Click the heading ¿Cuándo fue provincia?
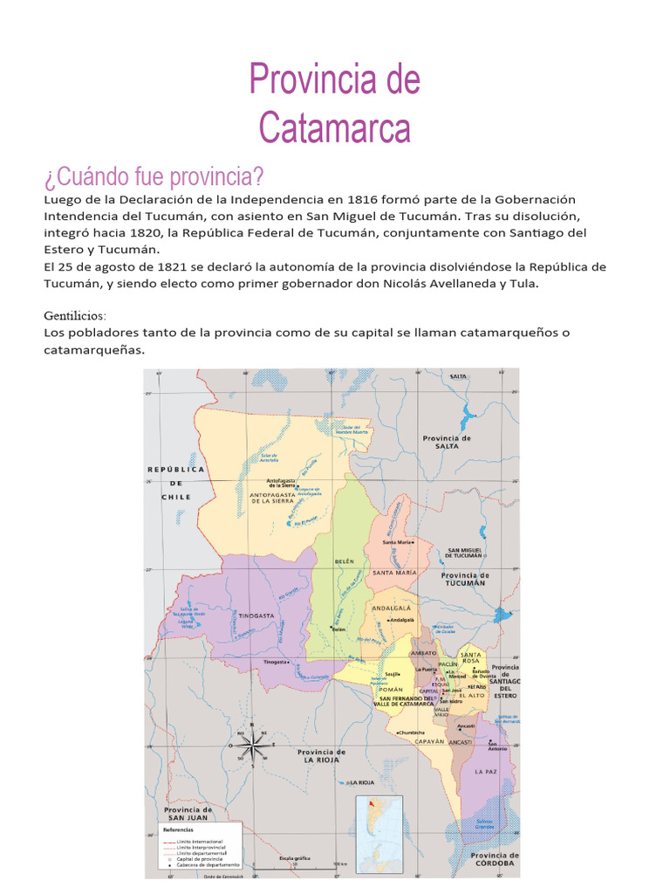coord(154,177)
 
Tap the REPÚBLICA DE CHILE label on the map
coord(175,483)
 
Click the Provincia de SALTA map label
coord(447,442)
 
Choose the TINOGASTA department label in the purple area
coord(254,615)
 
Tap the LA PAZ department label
coord(485,772)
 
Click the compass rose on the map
coord(252,746)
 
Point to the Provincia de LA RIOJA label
coord(322,755)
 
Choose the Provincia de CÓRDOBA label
coord(495,859)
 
